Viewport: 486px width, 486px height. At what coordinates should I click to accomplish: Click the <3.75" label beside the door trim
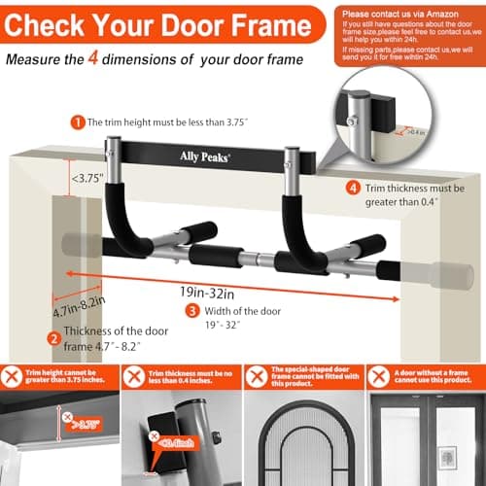(90, 178)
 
